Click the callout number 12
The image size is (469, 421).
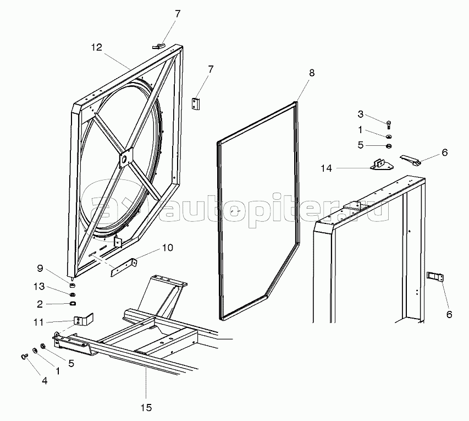tap(97, 47)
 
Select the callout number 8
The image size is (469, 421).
tap(312, 72)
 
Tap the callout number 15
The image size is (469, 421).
tap(146, 408)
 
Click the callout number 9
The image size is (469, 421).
tap(40, 269)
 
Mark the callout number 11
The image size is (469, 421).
tap(38, 322)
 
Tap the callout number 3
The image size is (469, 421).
tap(361, 114)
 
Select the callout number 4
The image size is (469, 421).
tap(45, 380)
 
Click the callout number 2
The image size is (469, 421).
tap(40, 304)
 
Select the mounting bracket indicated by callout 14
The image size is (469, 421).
tap(380, 165)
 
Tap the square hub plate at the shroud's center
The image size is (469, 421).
tap(126, 158)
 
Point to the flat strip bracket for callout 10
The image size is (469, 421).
tap(124, 267)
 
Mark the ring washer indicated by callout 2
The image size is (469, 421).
tap(71, 303)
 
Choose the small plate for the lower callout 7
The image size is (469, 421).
tap(197, 103)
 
